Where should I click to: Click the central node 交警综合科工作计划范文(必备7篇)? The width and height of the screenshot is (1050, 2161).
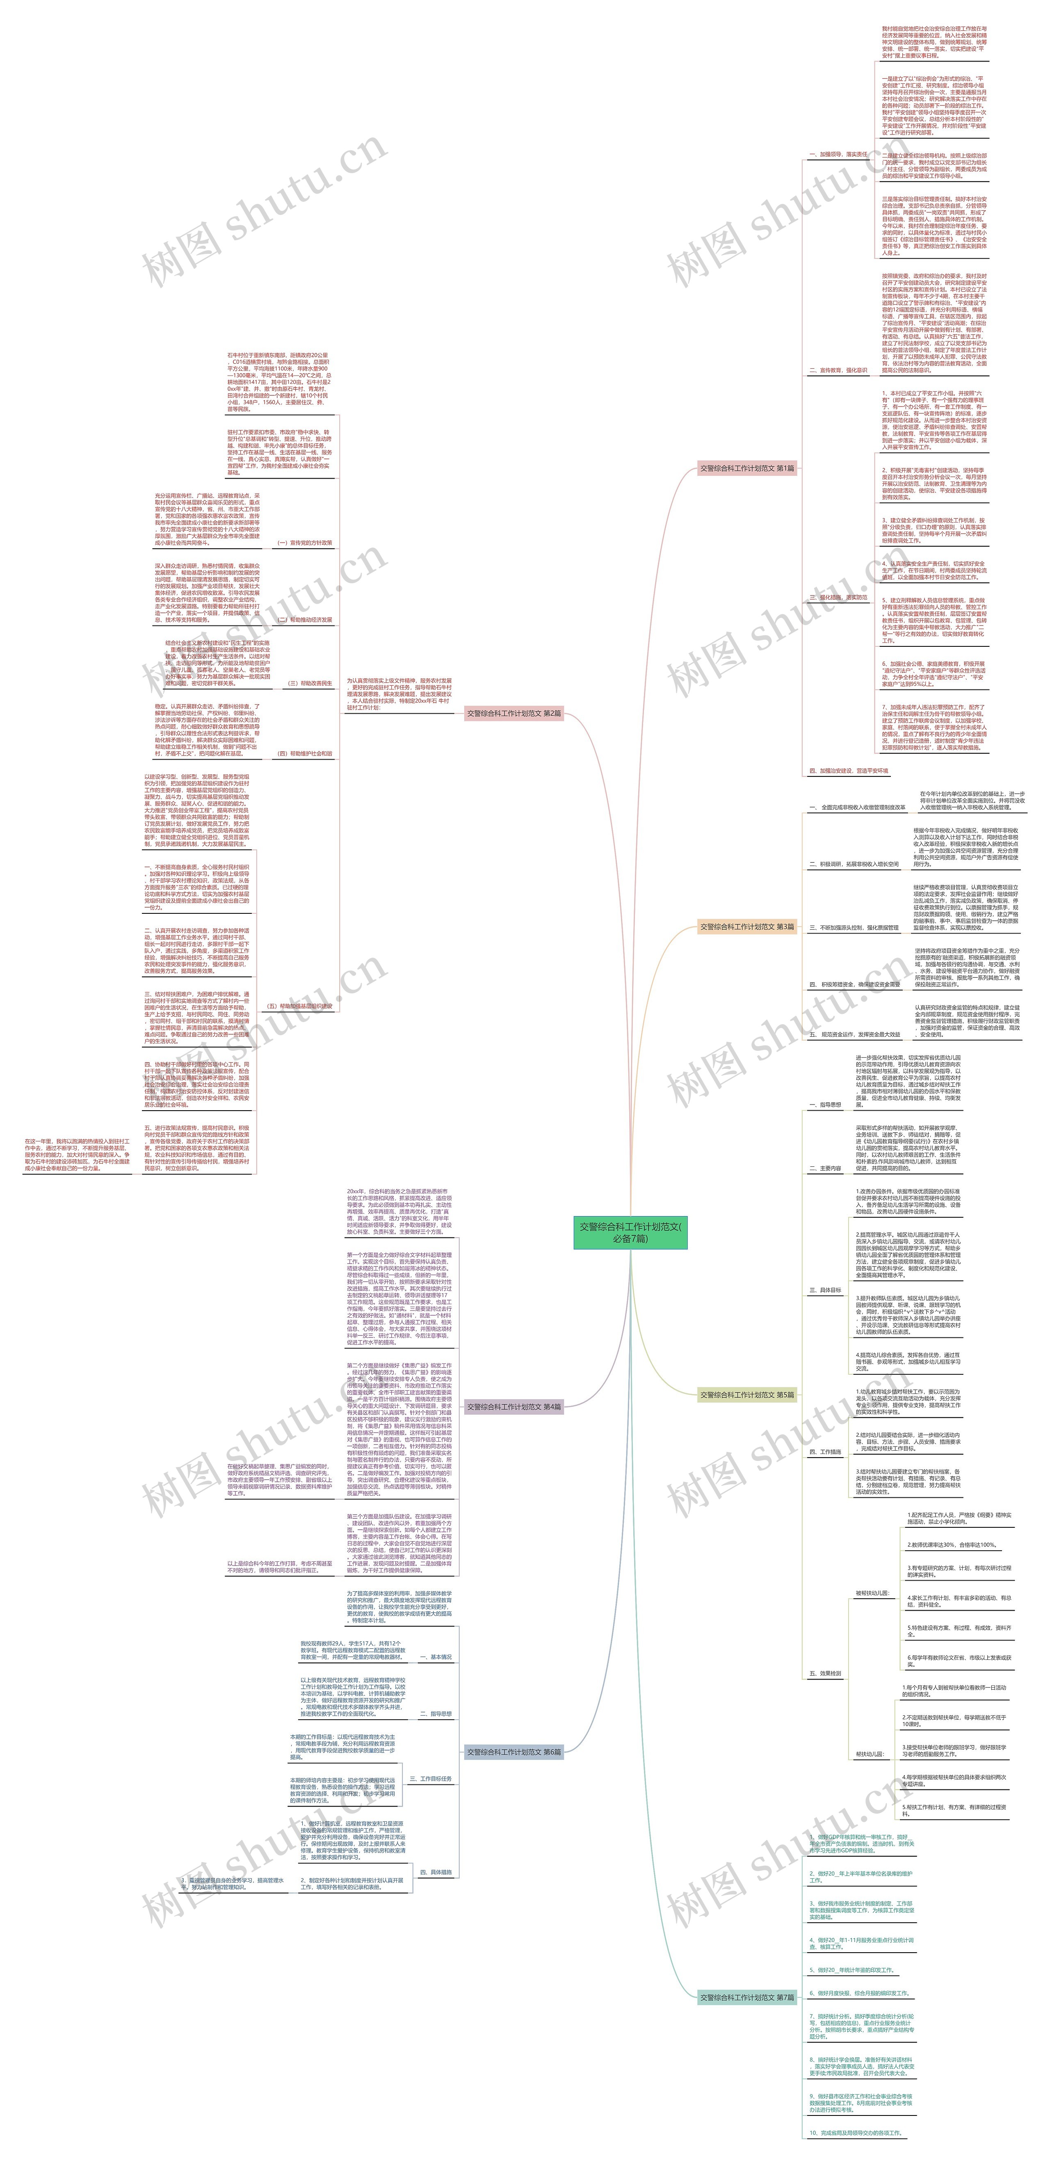630,1232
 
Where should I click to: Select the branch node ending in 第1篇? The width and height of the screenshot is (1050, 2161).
746,468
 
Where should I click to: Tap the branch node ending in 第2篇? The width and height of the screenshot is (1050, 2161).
513,713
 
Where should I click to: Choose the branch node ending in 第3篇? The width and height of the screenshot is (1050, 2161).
746,927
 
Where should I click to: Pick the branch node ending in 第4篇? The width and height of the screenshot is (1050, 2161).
513,1407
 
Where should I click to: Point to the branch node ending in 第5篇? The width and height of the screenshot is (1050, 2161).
746,1395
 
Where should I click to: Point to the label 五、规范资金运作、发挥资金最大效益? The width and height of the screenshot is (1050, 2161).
854,1034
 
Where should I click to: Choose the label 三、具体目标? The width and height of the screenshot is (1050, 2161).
824,1290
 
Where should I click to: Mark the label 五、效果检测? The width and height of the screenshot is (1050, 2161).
824,1673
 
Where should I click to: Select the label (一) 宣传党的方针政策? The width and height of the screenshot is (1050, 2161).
304,543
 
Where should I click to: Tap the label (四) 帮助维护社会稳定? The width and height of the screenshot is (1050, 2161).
304,753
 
